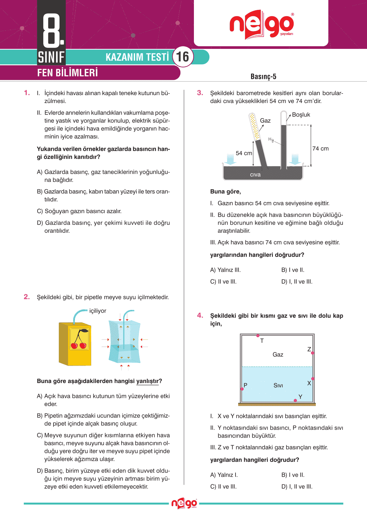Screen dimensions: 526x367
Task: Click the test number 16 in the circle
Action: tap(183, 57)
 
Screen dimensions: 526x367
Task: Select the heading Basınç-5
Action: tap(263, 77)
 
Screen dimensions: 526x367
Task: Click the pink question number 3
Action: tap(200, 93)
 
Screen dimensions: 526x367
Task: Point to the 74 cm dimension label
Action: tap(320, 149)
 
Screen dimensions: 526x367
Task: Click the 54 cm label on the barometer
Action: tap(244, 153)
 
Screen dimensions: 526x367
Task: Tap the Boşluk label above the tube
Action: tap(301, 115)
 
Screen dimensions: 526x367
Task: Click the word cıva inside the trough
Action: tap(255, 175)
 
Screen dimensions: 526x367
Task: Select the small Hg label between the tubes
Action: tap(271, 140)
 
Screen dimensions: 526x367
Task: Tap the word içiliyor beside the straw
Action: tap(98, 311)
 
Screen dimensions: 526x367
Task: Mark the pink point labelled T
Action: tap(258, 335)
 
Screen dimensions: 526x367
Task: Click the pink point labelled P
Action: tap(242, 389)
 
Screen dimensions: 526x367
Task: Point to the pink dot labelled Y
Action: tap(295, 401)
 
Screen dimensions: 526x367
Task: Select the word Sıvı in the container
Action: tap(278, 385)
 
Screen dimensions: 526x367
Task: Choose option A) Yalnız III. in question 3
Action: tap(225, 270)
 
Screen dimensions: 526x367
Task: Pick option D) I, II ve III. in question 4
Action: tap(297, 486)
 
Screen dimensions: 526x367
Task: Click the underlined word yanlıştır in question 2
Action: tap(148, 381)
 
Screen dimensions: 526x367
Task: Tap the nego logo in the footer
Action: tap(184, 504)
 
